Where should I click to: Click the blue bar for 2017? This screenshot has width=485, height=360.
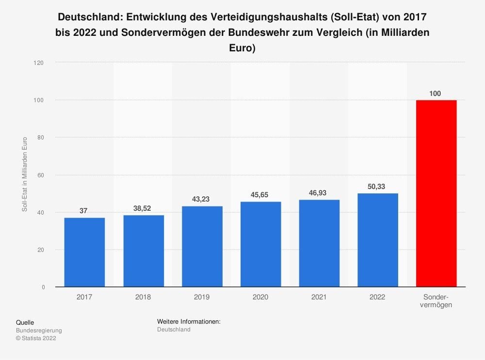click(x=84, y=252)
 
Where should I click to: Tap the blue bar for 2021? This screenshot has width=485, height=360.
click(x=319, y=243)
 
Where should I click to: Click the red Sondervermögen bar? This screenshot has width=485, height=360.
click(x=436, y=193)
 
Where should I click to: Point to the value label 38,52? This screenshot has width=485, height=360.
click(x=143, y=208)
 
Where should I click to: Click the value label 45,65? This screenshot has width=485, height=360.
click(x=260, y=195)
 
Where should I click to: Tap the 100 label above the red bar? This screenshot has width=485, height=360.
click(x=436, y=93)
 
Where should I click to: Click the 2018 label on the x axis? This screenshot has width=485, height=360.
click(x=143, y=297)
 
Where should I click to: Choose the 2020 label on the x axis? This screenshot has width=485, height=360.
click(x=260, y=297)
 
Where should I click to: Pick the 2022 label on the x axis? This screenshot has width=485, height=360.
click(x=377, y=297)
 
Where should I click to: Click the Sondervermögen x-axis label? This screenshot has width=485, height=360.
click(x=436, y=301)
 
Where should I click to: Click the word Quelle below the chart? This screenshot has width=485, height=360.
click(x=25, y=322)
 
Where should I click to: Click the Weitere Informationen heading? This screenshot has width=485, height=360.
click(x=189, y=322)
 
